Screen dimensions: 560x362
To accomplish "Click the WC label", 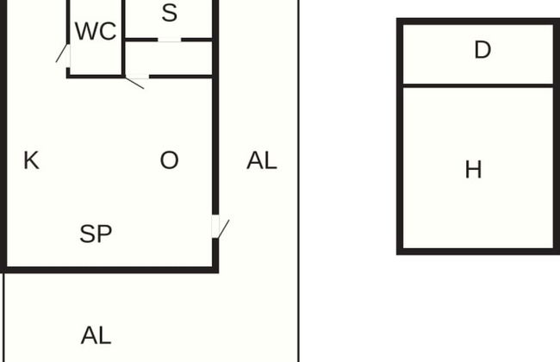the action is click(x=96, y=31).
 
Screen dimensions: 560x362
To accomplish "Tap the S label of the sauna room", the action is click(x=169, y=13).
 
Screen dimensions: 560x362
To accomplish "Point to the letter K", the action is click(x=31, y=160).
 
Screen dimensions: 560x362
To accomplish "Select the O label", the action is click(x=169, y=160).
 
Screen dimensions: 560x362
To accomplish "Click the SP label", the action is click(x=96, y=234).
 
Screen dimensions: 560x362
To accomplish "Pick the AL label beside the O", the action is click(x=262, y=160).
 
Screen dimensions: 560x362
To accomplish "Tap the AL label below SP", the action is click(x=96, y=335).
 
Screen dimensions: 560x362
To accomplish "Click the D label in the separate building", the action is click(x=482, y=50).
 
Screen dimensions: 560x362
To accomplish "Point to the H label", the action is click(x=474, y=170).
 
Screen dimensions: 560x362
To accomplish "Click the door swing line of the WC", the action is click(x=61, y=53).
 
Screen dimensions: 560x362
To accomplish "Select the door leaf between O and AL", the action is click(x=224, y=229).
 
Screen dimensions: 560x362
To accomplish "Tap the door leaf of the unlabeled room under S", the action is click(x=134, y=83).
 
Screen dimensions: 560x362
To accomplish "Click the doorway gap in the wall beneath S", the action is click(x=169, y=40).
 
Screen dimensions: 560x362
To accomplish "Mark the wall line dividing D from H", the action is click(x=478, y=86).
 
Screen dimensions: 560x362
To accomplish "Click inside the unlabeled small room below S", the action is click(x=169, y=59).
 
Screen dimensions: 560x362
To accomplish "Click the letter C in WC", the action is click(x=108, y=31).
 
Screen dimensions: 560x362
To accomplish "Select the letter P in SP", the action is click(x=104, y=234).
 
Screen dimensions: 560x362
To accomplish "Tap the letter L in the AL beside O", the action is click(x=271, y=160).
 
